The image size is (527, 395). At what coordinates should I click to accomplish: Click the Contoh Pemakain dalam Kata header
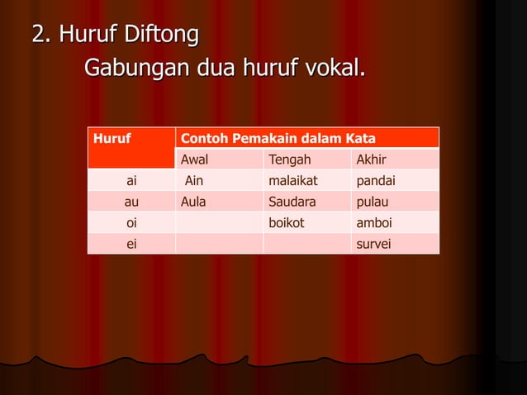[278, 138]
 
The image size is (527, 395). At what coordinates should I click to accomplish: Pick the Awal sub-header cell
[195, 159]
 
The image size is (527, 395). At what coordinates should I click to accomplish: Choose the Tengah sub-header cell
[290, 159]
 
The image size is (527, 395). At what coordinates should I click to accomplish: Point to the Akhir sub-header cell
[370, 159]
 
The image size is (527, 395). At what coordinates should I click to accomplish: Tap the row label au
[131, 202]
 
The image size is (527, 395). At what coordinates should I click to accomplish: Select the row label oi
[131, 223]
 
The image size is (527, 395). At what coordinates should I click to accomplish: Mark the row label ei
[131, 244]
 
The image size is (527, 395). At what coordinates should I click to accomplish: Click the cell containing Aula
[194, 202]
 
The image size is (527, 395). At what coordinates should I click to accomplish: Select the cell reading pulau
[372, 202]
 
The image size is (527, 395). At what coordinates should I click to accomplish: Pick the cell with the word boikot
[287, 223]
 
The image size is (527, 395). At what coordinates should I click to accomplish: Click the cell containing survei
[373, 244]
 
